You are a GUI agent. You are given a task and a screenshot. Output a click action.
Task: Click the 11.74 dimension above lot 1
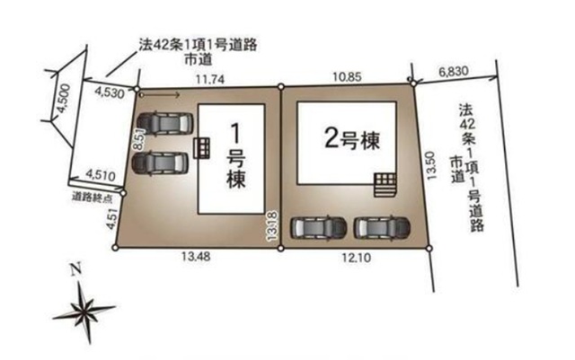(x=209, y=79)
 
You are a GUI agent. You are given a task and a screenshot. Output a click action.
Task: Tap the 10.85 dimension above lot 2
(x=347, y=77)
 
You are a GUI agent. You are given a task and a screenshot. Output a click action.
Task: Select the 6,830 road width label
(x=454, y=71)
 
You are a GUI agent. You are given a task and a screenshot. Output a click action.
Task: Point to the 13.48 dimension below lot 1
(x=196, y=256)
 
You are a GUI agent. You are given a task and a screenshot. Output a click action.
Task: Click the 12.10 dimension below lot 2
(x=357, y=258)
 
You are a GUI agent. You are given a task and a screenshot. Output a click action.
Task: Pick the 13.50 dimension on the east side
(x=431, y=165)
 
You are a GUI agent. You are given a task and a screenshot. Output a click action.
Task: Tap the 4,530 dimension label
(x=110, y=92)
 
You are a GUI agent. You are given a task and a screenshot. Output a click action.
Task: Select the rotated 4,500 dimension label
(x=64, y=99)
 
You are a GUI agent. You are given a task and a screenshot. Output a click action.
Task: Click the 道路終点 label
(x=92, y=198)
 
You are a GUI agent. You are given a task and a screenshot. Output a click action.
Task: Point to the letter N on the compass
(x=75, y=270)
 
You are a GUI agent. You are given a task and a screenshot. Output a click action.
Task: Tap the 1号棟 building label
(x=235, y=156)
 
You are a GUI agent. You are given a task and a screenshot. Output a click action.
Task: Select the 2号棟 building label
(x=352, y=139)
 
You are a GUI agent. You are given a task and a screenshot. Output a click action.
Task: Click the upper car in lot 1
(x=164, y=124)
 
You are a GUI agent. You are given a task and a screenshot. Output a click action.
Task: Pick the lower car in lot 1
(x=160, y=163)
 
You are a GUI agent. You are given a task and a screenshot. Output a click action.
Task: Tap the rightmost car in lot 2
(x=381, y=227)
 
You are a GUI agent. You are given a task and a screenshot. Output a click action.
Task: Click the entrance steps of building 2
(x=385, y=185)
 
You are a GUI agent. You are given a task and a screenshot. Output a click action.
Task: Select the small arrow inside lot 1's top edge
(x=160, y=95)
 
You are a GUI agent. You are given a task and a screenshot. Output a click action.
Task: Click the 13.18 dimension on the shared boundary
(x=273, y=226)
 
